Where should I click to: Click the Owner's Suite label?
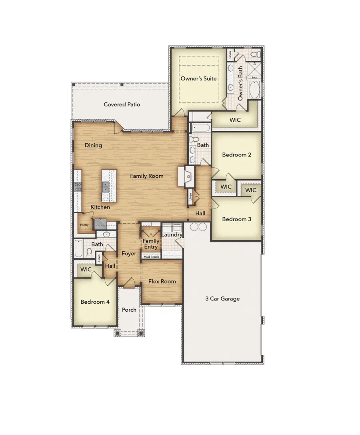198,78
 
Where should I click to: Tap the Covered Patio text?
122,104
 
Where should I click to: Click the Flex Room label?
162,281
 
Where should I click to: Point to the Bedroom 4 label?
95,302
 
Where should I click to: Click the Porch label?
129,309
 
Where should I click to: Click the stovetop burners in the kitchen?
78,186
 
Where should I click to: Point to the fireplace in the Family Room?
188,176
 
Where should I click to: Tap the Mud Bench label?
151,257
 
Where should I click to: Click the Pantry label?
84,225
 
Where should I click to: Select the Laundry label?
172,235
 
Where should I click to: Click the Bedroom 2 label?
236,154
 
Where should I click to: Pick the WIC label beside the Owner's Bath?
236,120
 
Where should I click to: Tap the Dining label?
93,145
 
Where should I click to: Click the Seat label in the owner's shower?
254,77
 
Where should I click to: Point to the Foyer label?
129,254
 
